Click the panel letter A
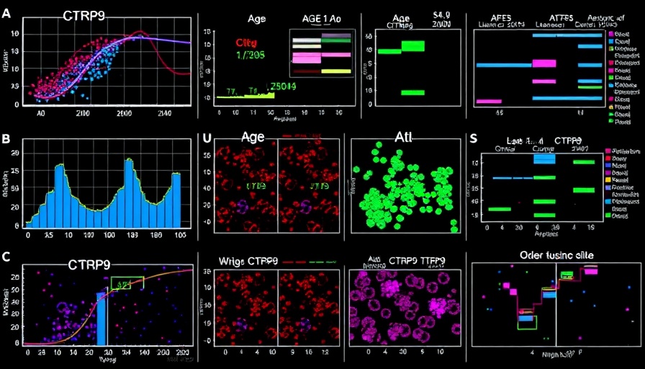[6, 12]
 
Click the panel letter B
[6, 138]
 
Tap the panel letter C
[6, 257]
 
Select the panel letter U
[207, 138]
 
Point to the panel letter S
[473, 139]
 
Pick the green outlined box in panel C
[127, 283]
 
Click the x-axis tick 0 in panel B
[28, 234]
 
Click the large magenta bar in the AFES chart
[544, 63]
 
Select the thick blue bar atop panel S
[544, 159]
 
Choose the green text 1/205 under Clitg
[251, 55]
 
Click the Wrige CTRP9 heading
[251, 261]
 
